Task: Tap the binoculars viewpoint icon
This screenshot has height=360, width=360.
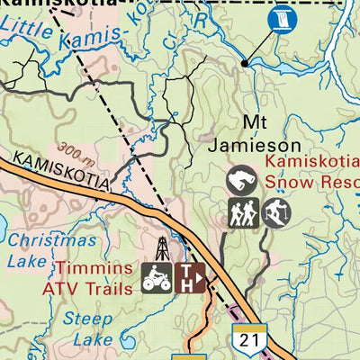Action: pos(241,181)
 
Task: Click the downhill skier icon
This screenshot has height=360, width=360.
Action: pos(277,213)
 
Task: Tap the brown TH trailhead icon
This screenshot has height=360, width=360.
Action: pos(190,277)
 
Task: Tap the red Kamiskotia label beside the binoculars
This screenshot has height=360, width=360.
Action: pos(310,163)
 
